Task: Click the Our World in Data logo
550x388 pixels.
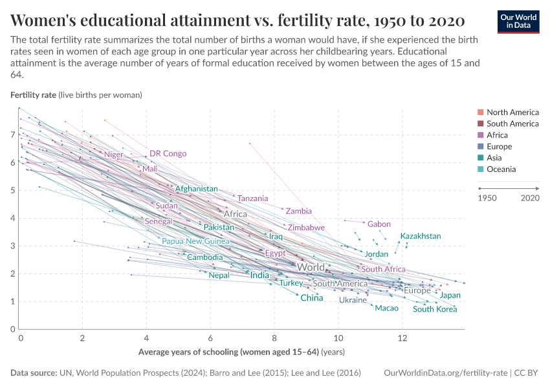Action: click(518, 21)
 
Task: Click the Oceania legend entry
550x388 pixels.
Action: click(501, 169)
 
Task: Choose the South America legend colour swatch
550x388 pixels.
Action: click(480, 124)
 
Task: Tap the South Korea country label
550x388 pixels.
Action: click(435, 309)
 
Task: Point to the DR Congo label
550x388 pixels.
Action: click(168, 154)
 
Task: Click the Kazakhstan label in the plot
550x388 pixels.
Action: click(420, 236)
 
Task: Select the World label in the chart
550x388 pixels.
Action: click(311, 267)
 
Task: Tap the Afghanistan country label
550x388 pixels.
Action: click(196, 189)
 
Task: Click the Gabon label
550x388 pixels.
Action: click(379, 224)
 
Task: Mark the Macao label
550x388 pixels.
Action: click(386, 308)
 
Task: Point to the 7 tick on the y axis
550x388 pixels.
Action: click(13, 135)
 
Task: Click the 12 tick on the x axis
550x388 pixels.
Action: click(402, 338)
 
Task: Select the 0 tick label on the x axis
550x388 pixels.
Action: click(21, 338)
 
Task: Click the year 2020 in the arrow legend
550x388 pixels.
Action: click(530, 197)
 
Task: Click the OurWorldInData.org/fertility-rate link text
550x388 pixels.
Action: click(445, 373)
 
